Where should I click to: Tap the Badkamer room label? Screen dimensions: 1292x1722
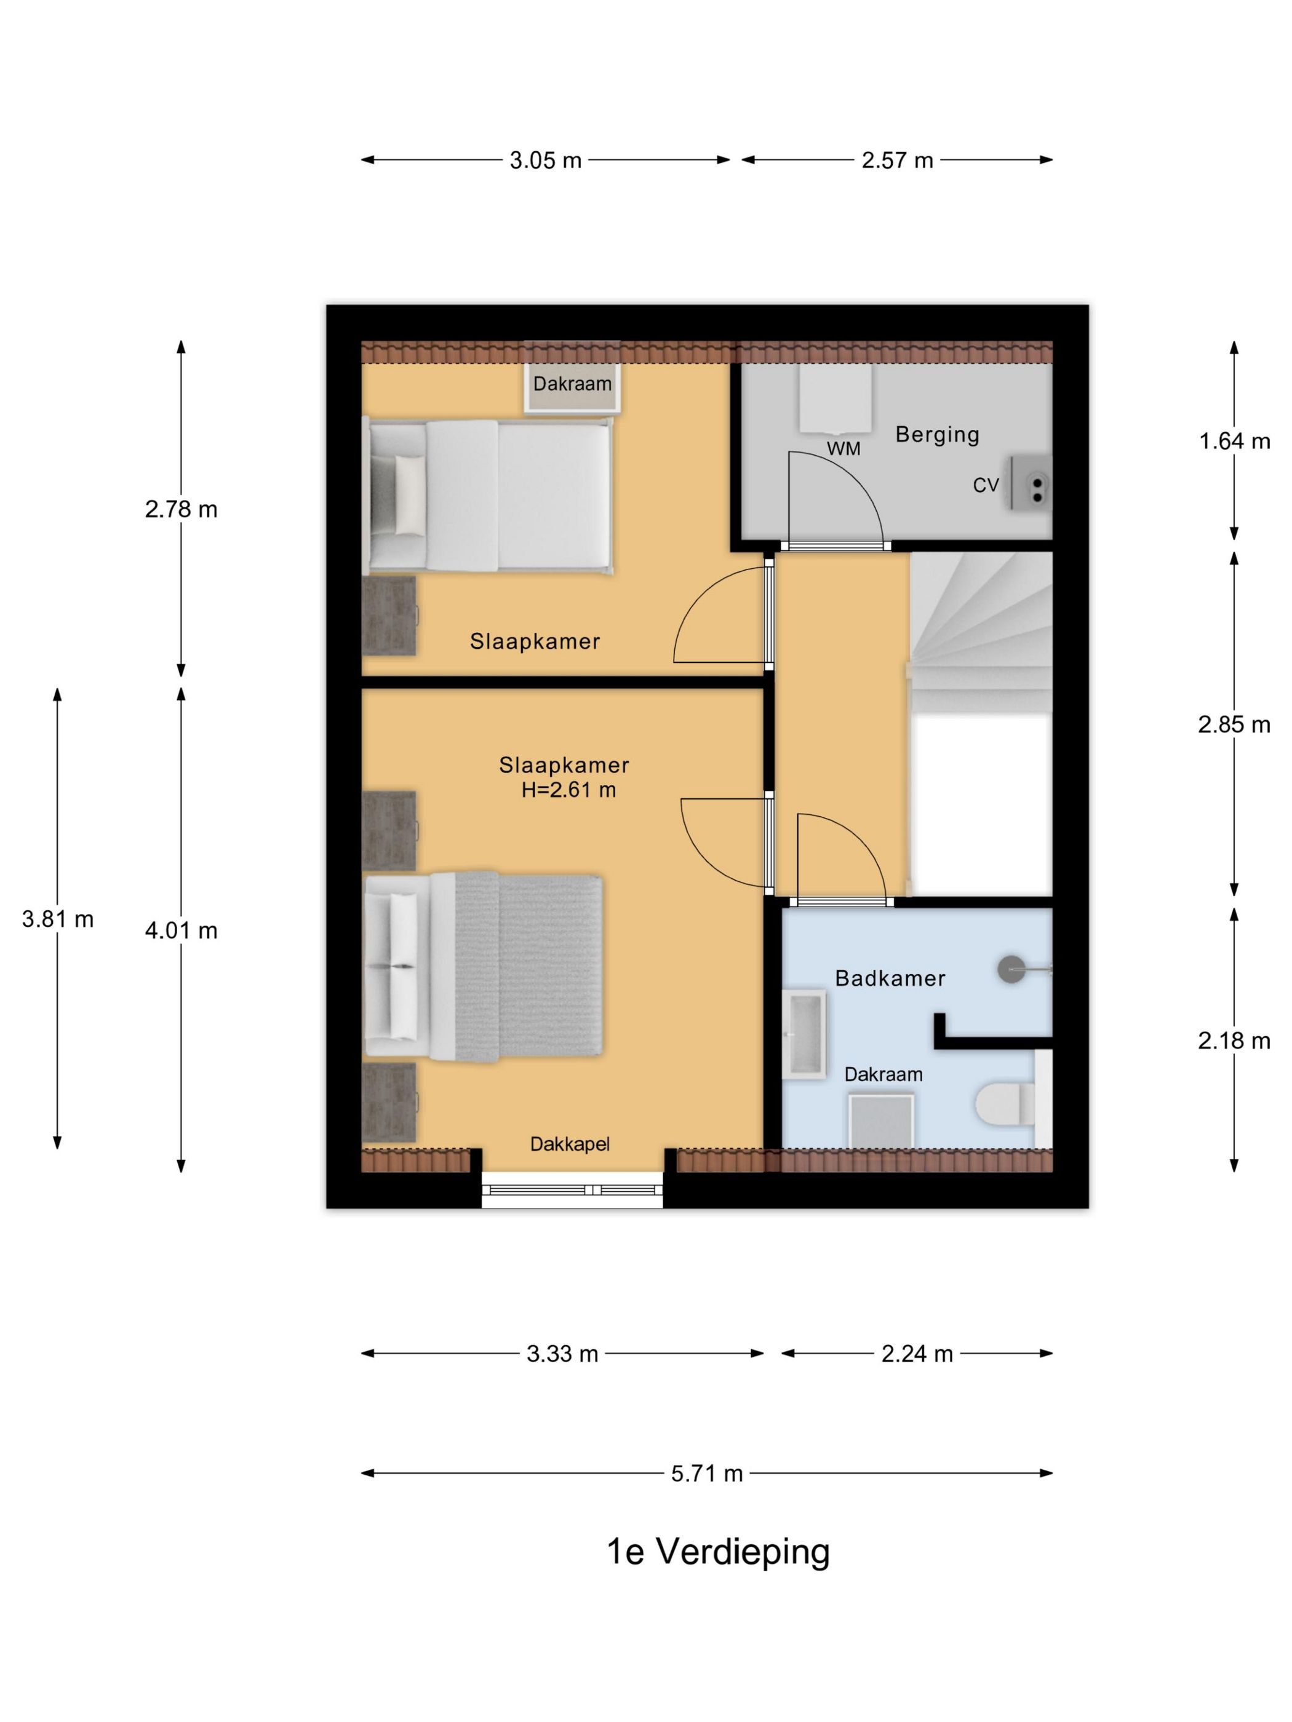890,978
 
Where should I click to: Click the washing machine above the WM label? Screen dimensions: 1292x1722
835,399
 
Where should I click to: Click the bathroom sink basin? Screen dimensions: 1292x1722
804,1034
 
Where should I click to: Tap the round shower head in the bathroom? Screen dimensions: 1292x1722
1011,969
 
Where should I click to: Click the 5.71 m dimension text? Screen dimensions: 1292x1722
707,1474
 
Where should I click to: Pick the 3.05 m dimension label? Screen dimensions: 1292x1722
545,161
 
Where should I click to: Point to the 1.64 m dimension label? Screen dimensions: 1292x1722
1234,442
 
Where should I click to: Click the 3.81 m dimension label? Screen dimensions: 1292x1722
58,919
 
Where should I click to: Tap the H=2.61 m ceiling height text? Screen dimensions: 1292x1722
568,790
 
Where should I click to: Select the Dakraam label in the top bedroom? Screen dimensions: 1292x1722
572,383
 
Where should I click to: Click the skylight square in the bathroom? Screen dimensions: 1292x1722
881,1121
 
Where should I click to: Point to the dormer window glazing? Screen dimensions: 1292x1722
572,1189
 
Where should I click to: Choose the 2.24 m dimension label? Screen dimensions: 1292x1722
917,1354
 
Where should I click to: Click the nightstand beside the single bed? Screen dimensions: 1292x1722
389,616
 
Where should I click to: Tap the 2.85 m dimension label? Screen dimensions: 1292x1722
1234,724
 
